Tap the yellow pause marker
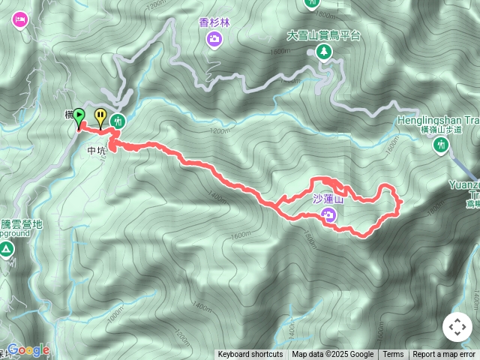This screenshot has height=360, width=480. (x=100, y=115)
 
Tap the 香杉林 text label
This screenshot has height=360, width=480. (x=214, y=22)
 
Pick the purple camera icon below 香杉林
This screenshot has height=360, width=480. (x=214, y=38)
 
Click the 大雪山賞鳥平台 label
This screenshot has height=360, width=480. (x=324, y=35)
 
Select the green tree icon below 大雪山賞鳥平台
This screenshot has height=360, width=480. (x=324, y=51)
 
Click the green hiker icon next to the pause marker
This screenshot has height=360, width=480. (x=118, y=120)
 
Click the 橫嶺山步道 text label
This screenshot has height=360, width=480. (x=441, y=130)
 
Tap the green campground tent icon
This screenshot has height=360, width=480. (x=6, y=249)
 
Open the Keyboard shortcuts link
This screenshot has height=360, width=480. (x=250, y=355)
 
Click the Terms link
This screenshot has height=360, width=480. (x=393, y=355)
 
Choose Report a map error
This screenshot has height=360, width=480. (x=444, y=355)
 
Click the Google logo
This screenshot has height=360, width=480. (x=28, y=350)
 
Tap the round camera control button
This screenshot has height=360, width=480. (x=457, y=327)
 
